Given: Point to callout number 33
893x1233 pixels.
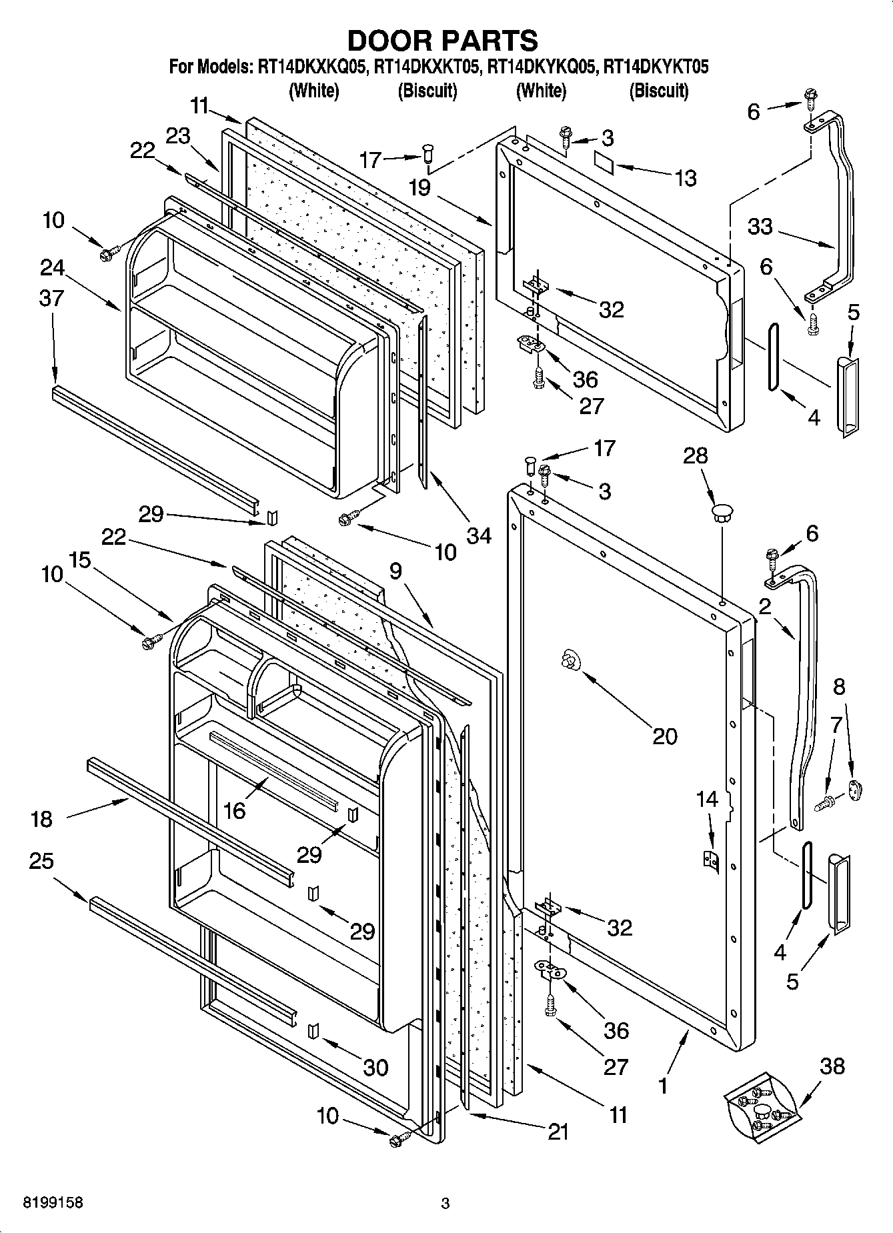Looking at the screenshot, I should coord(760,227).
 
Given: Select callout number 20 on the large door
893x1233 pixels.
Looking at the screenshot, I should coord(664,736).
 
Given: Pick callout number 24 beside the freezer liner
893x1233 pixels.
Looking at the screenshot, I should coord(53,267).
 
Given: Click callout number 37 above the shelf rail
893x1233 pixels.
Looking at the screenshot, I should coord(52,297).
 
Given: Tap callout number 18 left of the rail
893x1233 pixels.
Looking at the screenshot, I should coord(41,819).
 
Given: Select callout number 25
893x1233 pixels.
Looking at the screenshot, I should coord(41,861).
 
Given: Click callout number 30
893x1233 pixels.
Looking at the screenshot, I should coord(375,1067).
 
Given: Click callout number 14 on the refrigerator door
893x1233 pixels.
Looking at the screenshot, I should coord(707,798).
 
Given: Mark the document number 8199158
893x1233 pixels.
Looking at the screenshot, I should coord(43,1204).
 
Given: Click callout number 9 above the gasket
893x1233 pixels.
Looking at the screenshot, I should coord(396,571).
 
